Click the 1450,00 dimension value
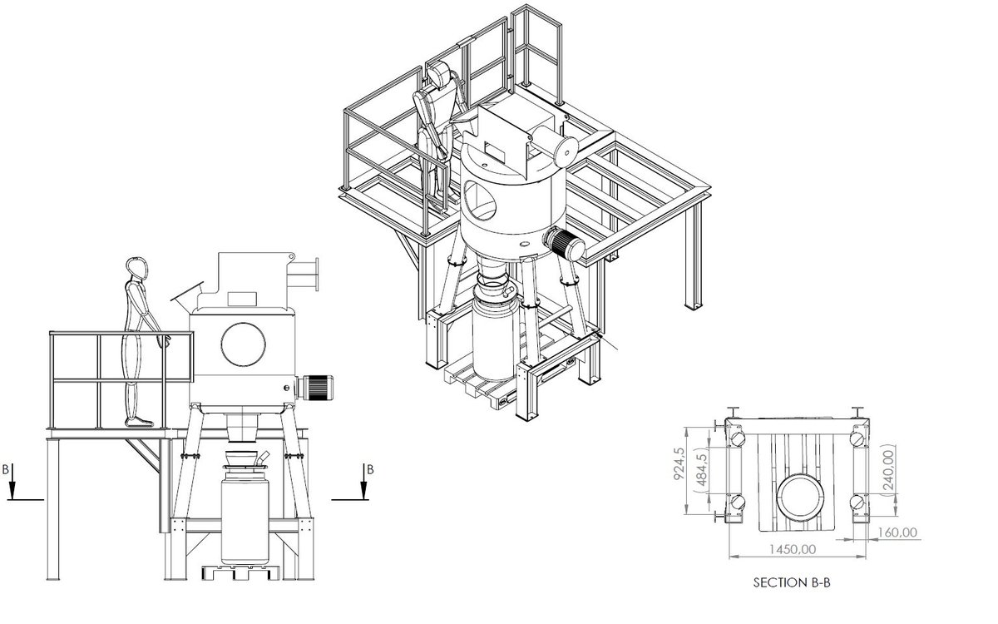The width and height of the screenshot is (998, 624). [x=792, y=549]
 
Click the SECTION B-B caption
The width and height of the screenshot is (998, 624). [x=791, y=583]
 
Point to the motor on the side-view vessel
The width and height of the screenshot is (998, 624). [x=316, y=385]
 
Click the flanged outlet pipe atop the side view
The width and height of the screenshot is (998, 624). [x=307, y=275]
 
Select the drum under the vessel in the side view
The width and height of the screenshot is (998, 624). [x=245, y=516]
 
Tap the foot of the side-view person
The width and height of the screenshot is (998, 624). [x=139, y=422]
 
